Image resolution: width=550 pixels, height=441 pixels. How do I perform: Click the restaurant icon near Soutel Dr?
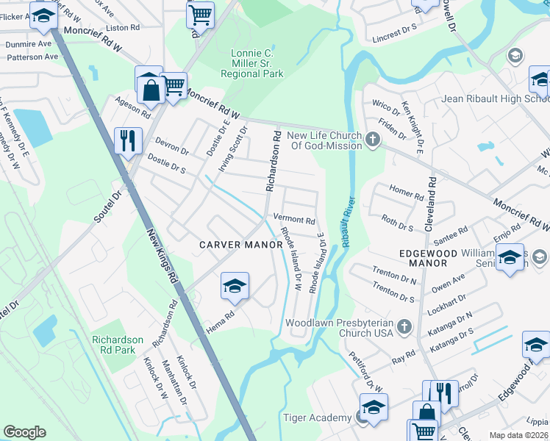coord(128,140)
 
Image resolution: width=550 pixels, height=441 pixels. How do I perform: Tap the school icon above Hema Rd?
coord(235,287)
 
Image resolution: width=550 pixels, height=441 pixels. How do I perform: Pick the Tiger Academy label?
coord(317,417)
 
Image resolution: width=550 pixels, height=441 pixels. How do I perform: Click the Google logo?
coord(24,432)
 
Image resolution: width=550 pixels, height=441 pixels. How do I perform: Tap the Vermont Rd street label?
coord(294,219)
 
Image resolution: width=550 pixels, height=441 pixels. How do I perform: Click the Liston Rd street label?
coord(123,28)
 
